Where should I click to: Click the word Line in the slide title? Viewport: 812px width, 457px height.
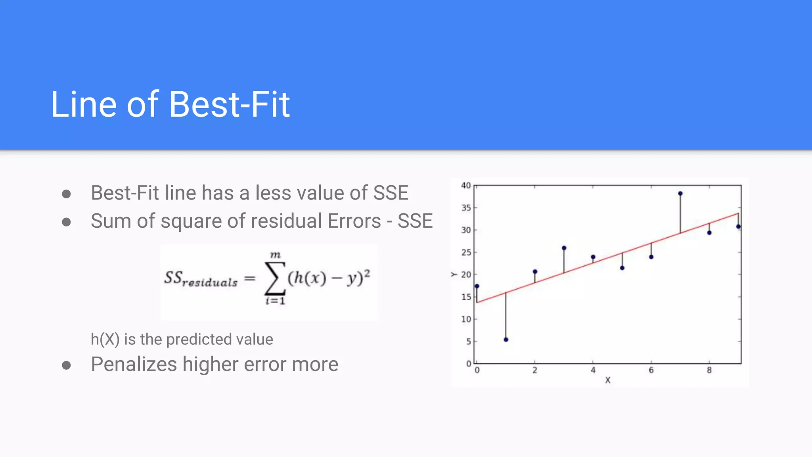(84, 104)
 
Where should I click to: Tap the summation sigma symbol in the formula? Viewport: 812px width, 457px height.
(274, 278)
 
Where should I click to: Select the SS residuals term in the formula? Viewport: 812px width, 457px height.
(201, 278)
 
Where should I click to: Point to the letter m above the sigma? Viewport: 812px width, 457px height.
(275, 255)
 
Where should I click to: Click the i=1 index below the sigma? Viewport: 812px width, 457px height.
(275, 301)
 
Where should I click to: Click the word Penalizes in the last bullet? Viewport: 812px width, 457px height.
(134, 364)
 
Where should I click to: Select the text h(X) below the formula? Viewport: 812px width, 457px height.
(105, 340)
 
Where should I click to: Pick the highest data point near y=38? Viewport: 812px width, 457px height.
(680, 194)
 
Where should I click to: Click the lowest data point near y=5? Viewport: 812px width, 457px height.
(506, 340)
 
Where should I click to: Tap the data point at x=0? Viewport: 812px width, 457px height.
(477, 286)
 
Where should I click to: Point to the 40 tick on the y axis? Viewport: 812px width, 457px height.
(466, 185)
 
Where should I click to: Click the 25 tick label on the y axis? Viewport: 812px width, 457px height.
(466, 252)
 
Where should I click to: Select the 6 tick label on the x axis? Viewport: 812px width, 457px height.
(651, 370)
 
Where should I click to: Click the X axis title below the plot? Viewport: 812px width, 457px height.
(608, 380)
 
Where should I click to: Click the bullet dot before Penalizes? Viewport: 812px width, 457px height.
(67, 365)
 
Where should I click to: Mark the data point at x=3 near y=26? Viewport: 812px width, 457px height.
(564, 248)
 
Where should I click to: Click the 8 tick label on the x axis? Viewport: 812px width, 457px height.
(709, 370)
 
